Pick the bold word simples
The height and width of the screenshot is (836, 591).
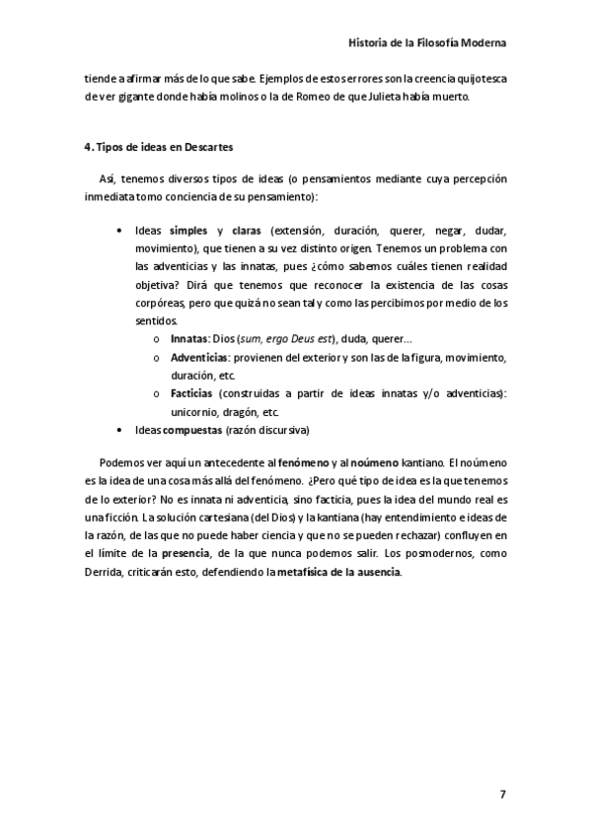point(188,230)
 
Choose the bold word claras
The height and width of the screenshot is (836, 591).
point(246,230)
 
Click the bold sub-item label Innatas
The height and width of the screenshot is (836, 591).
point(189,338)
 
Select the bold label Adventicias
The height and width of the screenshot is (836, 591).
point(200,357)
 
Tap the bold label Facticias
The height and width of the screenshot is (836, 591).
point(193,393)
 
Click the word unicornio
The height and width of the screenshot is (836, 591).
point(194,412)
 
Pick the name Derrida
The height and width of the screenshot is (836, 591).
point(107,573)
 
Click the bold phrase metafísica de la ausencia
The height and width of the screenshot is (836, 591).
point(338,573)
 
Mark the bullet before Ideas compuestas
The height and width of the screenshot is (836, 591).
point(119,430)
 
